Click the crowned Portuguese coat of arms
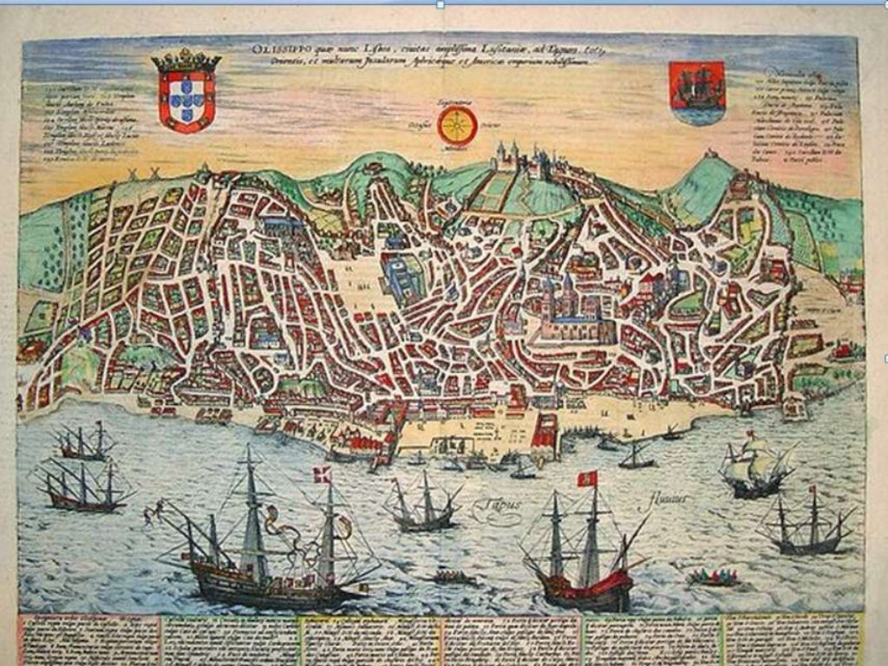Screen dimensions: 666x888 186,94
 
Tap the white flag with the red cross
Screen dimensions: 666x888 322,474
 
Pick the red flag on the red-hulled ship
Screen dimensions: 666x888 587,479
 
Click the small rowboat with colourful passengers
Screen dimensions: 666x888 712,577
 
